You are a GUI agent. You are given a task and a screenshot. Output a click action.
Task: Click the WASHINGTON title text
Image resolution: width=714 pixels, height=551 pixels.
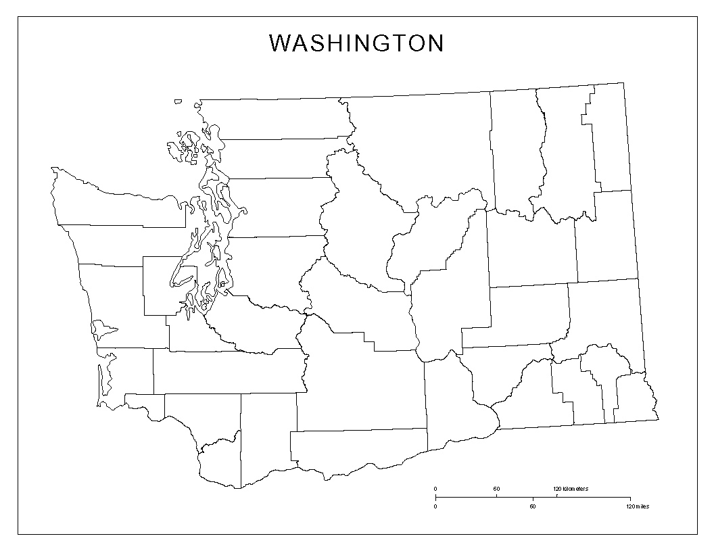356,43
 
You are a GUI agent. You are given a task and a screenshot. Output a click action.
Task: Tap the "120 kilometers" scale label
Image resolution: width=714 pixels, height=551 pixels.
571,489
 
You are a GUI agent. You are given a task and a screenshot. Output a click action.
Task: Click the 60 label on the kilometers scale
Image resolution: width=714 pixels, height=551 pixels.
496,489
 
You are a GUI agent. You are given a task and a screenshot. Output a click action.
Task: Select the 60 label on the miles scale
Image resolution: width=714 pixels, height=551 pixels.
533,506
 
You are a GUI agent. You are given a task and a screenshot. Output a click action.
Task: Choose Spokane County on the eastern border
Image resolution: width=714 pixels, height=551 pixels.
605,237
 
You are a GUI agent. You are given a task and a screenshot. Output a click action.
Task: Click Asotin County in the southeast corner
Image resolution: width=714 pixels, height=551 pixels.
636,399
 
